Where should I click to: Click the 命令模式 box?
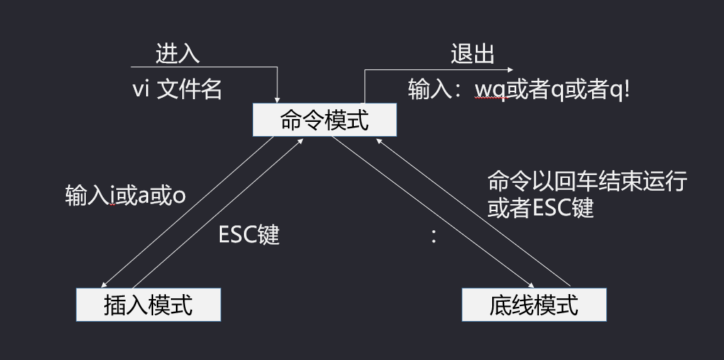(325, 120)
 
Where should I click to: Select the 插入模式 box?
(148, 305)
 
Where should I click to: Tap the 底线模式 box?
(534, 305)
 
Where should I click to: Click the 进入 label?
(177, 54)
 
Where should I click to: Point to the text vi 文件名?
(177, 89)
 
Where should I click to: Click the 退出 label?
(472, 54)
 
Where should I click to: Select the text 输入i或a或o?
(126, 195)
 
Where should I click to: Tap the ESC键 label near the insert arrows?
(249, 235)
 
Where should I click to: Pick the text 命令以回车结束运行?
(586, 181)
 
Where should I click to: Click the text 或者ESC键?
(540, 208)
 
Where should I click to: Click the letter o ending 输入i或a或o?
(179, 196)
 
